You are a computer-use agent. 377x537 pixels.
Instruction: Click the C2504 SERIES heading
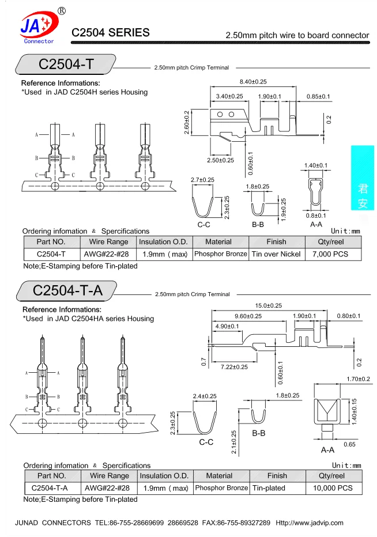[x=110, y=32]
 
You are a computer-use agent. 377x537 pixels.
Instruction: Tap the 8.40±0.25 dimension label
[x=253, y=81]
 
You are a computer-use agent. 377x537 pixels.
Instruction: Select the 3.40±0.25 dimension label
[x=229, y=96]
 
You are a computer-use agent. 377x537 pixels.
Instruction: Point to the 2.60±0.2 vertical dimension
[x=187, y=122]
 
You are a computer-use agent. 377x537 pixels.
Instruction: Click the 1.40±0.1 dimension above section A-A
[x=316, y=165]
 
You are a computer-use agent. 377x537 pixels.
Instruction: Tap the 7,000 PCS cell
[x=330, y=254]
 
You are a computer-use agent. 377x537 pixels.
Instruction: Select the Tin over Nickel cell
[x=276, y=254]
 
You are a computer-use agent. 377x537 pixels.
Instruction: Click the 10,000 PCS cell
[x=333, y=488]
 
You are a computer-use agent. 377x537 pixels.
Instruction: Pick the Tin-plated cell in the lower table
[x=269, y=488]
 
